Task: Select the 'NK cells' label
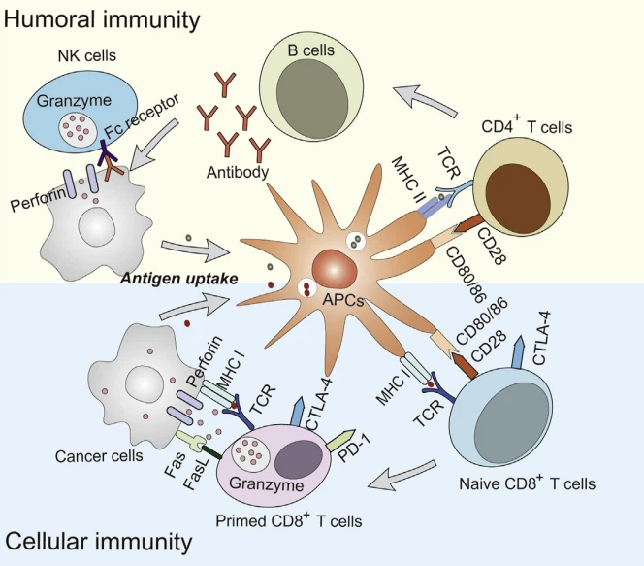tap(86, 56)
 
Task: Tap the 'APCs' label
tap(344, 301)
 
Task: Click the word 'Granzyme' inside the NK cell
tap(75, 99)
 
